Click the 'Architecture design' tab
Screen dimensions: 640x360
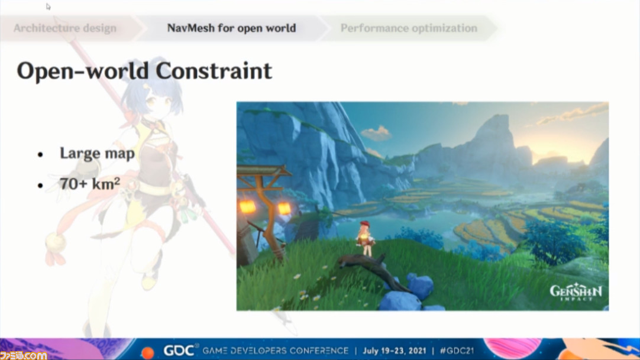[65, 28]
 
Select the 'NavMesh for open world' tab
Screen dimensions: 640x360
[231, 28]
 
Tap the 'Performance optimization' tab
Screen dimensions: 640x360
[409, 28]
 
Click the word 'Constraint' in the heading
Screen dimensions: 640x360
[214, 71]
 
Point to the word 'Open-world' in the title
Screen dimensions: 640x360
[82, 72]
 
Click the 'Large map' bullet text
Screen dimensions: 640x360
[97, 153]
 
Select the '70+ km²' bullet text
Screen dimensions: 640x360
[90, 184]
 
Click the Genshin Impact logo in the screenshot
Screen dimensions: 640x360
[576, 292]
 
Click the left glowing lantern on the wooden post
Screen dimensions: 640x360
[247, 207]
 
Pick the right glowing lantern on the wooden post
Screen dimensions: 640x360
[284, 208]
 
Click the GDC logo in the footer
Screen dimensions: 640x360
[179, 350]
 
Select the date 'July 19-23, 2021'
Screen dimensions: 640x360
[394, 351]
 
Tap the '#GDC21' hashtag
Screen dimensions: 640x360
[457, 351]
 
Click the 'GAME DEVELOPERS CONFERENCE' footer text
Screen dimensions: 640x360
[276, 351]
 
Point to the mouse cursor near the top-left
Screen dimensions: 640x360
[48, 7]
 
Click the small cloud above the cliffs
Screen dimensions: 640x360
[376, 133]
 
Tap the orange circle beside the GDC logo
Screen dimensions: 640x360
[147, 352]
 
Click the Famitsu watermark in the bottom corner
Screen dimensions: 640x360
[23, 355]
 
